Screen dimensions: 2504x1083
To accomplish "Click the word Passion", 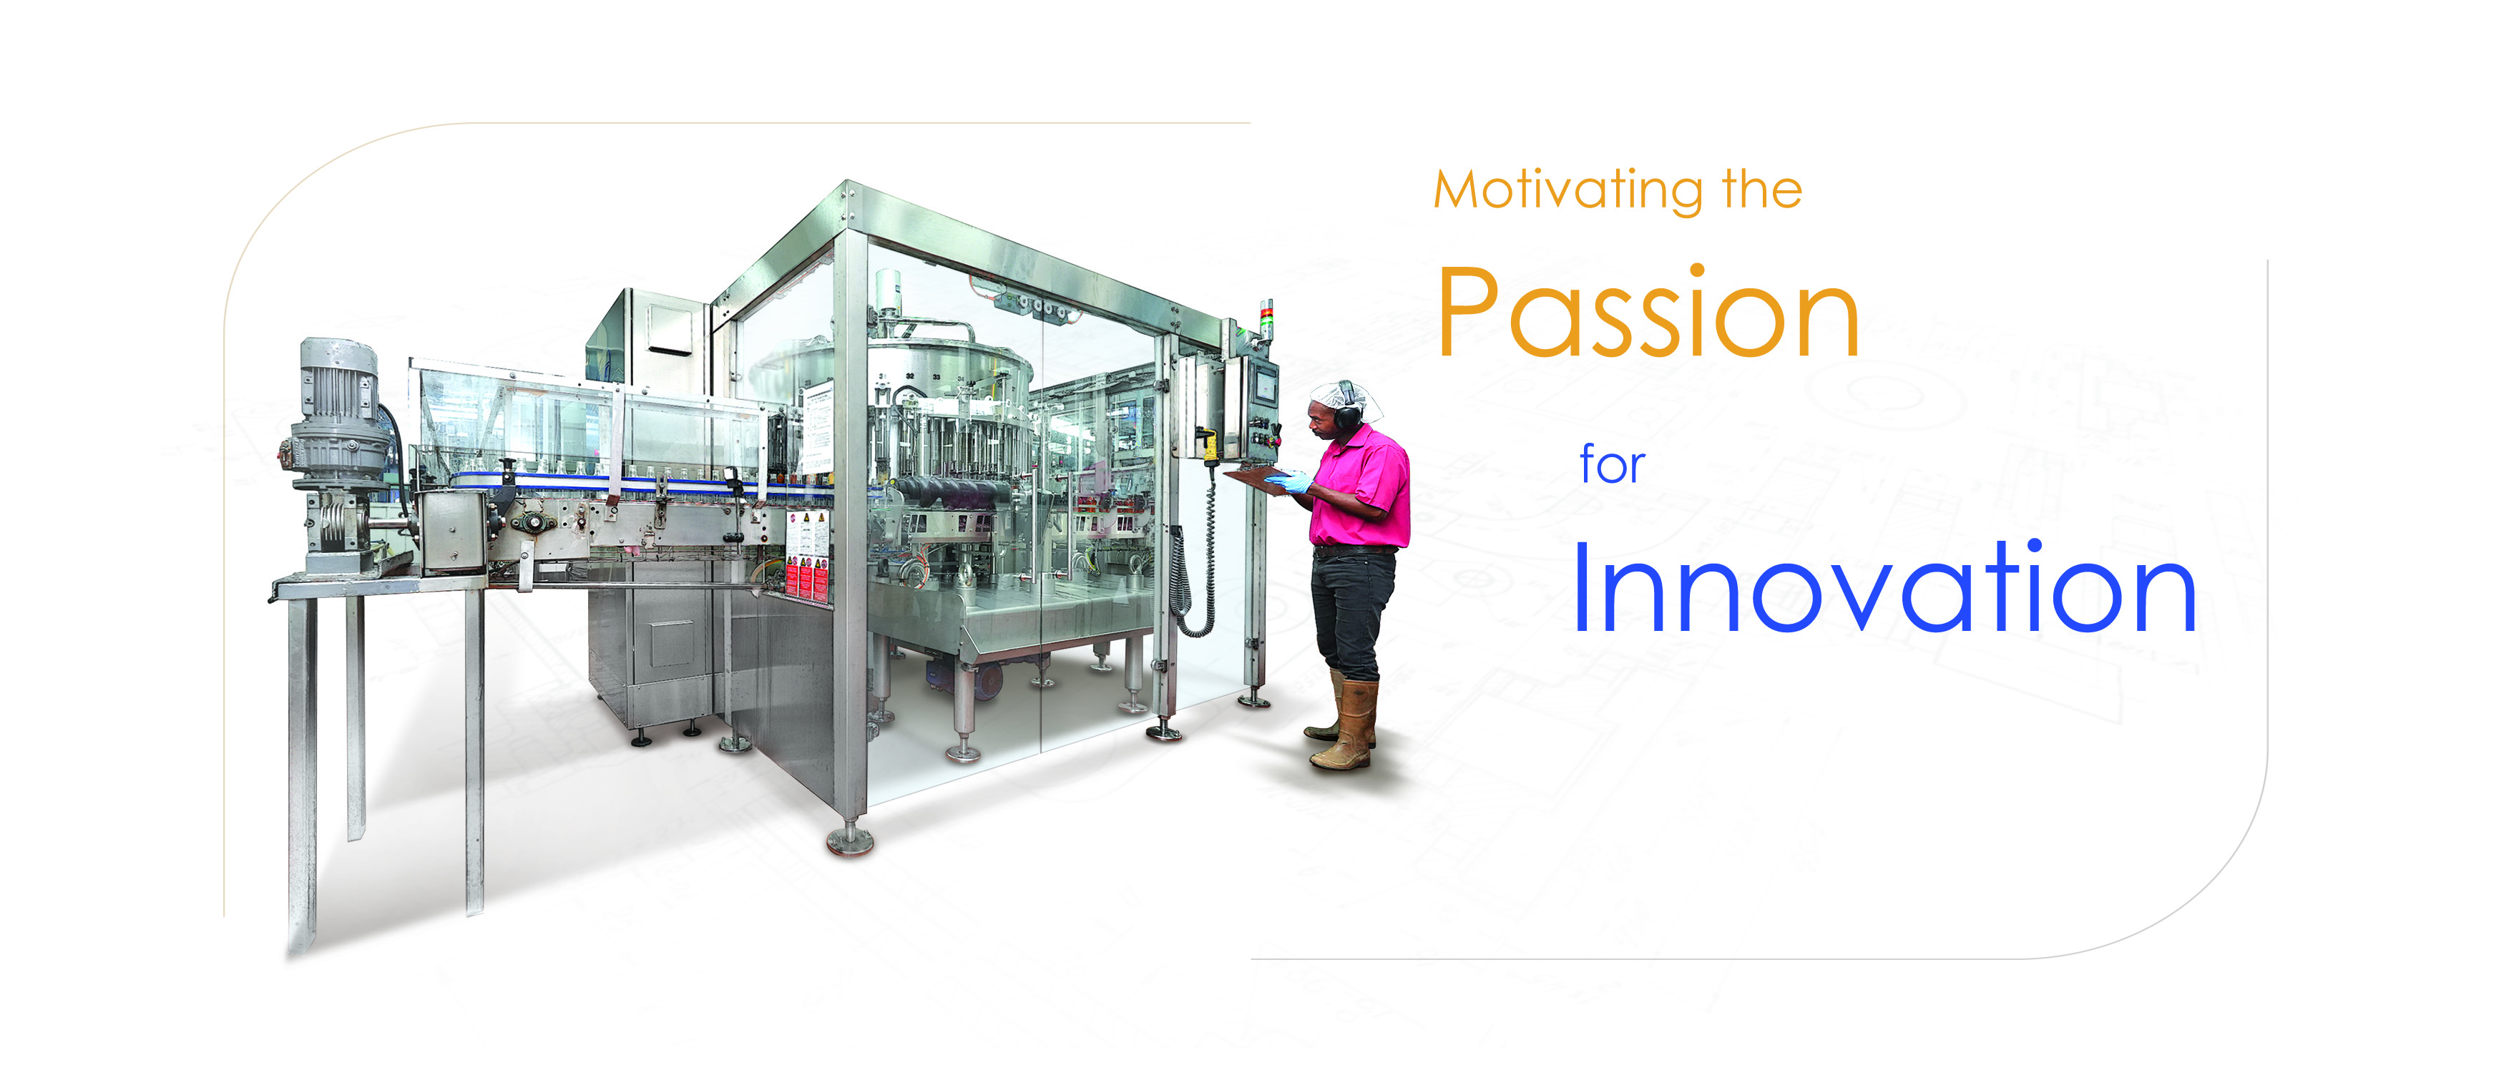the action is point(1648,311).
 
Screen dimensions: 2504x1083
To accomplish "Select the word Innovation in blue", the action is point(1884,587).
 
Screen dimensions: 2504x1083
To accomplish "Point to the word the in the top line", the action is point(1762,189).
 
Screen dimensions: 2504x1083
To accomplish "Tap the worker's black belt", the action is point(1354,550).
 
